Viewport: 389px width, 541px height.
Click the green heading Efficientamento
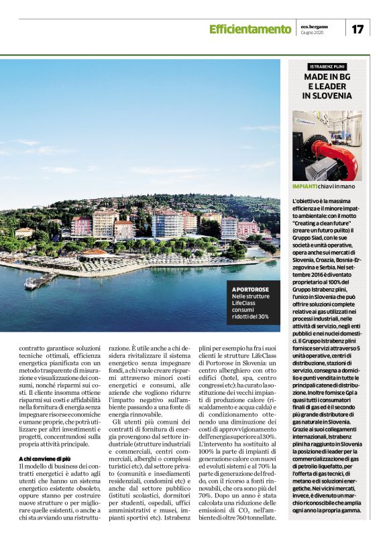coord(250,29)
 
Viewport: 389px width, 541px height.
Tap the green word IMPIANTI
coord(304,186)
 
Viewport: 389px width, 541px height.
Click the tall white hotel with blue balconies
coord(167,223)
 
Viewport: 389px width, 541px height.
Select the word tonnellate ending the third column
coord(259,518)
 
